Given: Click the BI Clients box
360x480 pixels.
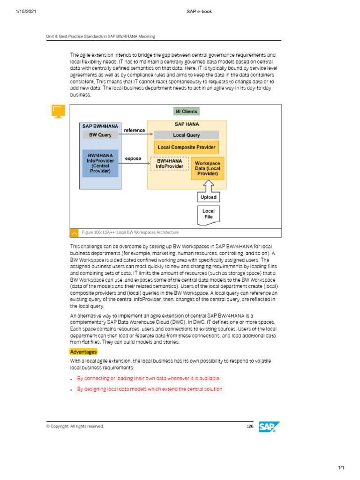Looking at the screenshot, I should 186,112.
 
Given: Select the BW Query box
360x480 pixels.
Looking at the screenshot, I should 100,135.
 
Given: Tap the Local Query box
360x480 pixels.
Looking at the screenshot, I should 186,135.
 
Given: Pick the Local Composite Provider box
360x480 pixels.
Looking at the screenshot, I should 187,147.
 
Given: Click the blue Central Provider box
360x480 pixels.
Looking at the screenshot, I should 100,163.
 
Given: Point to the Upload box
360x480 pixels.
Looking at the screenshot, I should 208,197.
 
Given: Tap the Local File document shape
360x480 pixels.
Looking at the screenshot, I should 208,214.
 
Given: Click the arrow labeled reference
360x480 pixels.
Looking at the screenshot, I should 134,135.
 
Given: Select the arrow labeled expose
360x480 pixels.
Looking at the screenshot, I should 134,164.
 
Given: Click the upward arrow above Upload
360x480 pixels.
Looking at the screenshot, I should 208,186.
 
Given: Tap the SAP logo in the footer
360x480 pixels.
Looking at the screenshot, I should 270,427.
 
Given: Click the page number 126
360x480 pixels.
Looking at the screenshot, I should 250,426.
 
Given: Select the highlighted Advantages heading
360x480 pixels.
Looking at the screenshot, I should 83,352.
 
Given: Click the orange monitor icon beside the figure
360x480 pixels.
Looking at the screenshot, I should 58,112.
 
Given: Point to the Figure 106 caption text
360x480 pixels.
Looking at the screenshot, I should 130,232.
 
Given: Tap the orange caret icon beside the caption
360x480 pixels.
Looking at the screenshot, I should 74,232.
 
